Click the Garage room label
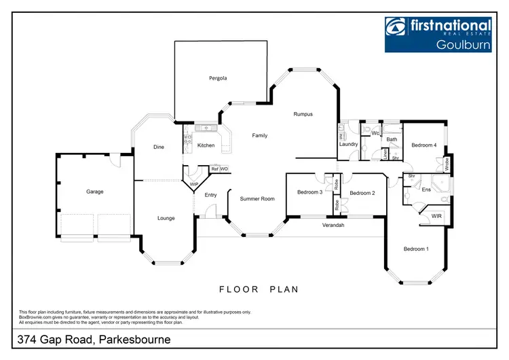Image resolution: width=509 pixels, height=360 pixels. tap(95, 192)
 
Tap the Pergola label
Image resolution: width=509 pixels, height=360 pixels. tap(218, 79)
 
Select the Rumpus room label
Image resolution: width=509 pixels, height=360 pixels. tap(303, 114)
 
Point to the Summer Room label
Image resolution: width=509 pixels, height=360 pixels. tap(257, 199)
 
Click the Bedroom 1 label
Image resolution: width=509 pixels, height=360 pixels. tap(416, 249)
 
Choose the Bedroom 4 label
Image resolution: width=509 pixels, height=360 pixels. tap(423, 145)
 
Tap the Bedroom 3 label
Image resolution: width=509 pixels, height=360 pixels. tap(309, 193)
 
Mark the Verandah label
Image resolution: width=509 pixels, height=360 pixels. tap(333, 225)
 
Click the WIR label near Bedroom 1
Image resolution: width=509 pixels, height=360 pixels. tap(437, 216)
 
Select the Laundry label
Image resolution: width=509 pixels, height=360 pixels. tap(349, 145)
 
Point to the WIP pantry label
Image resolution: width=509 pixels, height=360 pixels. tap(193, 184)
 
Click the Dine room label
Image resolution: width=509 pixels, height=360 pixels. tap(158, 147)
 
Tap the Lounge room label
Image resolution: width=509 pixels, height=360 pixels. tap(166, 219)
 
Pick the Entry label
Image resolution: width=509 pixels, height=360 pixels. tap(210, 196)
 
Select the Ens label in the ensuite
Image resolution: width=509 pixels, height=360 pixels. tap(426, 190)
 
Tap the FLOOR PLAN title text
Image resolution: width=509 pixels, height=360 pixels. tap(259, 289)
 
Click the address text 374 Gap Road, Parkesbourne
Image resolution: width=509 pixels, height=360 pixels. tap(95, 339)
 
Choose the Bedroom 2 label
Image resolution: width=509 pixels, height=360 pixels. tap(362, 194)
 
